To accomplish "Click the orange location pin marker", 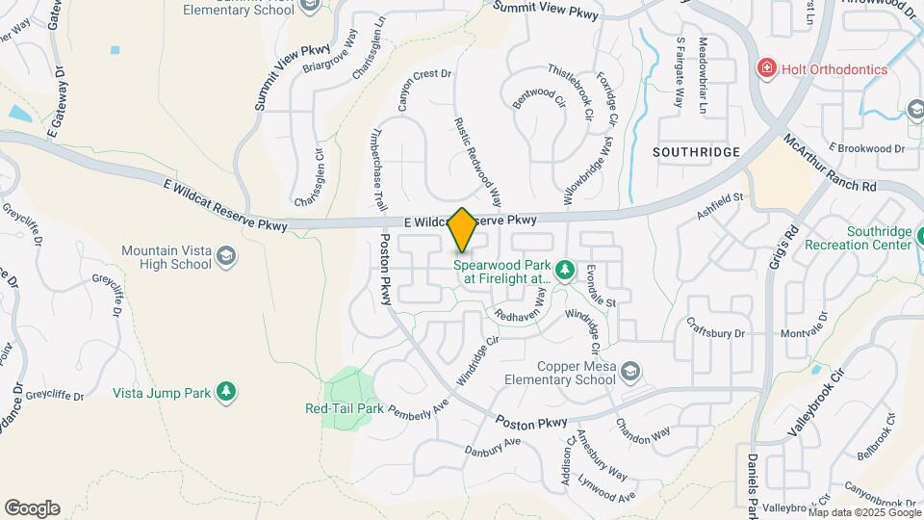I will click(x=463, y=230).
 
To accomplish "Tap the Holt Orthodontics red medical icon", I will click(x=766, y=68).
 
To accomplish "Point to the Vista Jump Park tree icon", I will click(x=225, y=391).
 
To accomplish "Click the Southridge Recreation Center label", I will click(x=878, y=238).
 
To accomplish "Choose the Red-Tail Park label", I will click(x=345, y=408).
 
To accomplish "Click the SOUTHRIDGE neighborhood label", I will click(x=696, y=152).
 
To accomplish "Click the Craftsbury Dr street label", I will click(x=713, y=332).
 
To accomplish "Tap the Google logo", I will click(x=32, y=508).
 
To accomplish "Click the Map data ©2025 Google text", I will click(x=863, y=511).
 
